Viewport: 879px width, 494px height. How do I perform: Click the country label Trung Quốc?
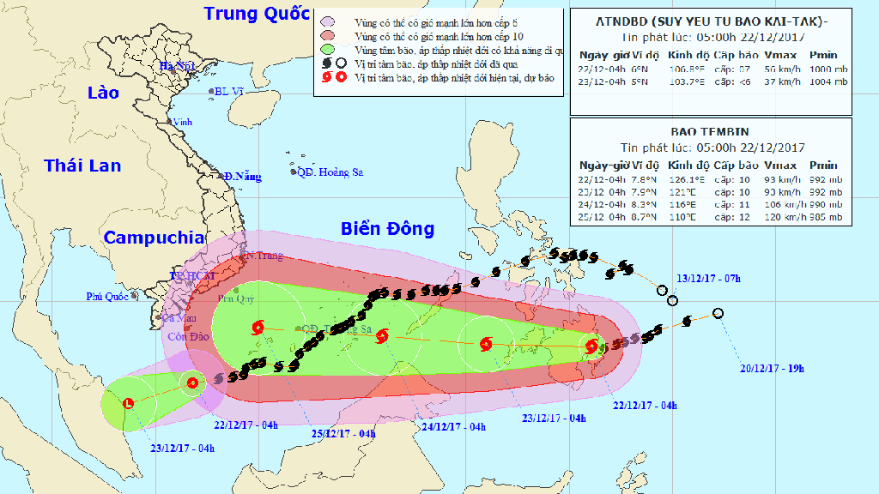tap(256, 14)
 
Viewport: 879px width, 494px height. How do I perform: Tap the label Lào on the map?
tap(104, 93)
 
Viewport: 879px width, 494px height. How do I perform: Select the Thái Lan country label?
tap(82, 166)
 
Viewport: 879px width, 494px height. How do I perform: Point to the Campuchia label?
tap(154, 238)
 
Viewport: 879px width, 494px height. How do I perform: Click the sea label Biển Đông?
tap(387, 229)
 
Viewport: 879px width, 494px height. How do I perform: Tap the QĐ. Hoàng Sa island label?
tap(330, 172)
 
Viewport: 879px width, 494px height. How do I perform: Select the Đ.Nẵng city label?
tap(241, 177)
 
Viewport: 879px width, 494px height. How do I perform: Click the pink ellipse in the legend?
tap(326, 21)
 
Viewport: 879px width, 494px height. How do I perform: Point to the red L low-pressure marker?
tap(128, 402)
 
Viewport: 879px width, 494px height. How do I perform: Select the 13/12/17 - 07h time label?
tap(710, 279)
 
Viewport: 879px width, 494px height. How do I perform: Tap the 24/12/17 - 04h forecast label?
tap(453, 427)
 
